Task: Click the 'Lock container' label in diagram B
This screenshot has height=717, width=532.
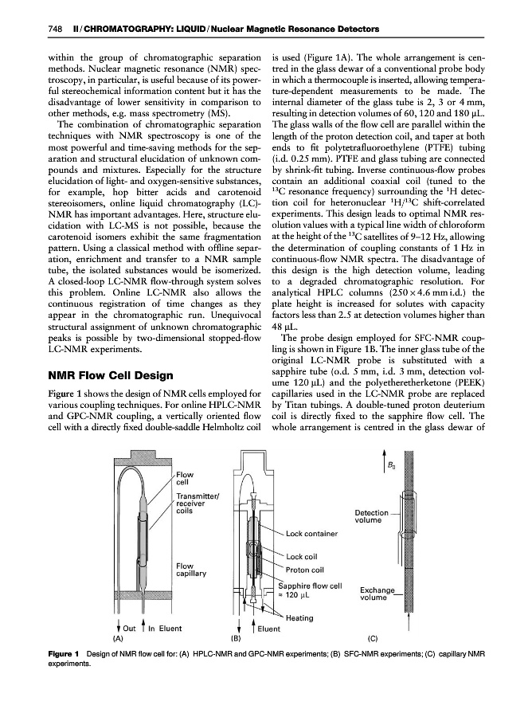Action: (x=312, y=533)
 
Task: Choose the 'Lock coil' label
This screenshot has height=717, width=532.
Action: (x=302, y=556)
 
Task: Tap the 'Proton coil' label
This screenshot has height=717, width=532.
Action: (x=305, y=570)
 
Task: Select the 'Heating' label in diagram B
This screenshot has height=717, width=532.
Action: (x=299, y=617)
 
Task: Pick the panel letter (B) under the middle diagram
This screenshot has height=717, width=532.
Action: (x=236, y=639)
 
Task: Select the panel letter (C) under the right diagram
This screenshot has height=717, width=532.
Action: (x=373, y=639)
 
